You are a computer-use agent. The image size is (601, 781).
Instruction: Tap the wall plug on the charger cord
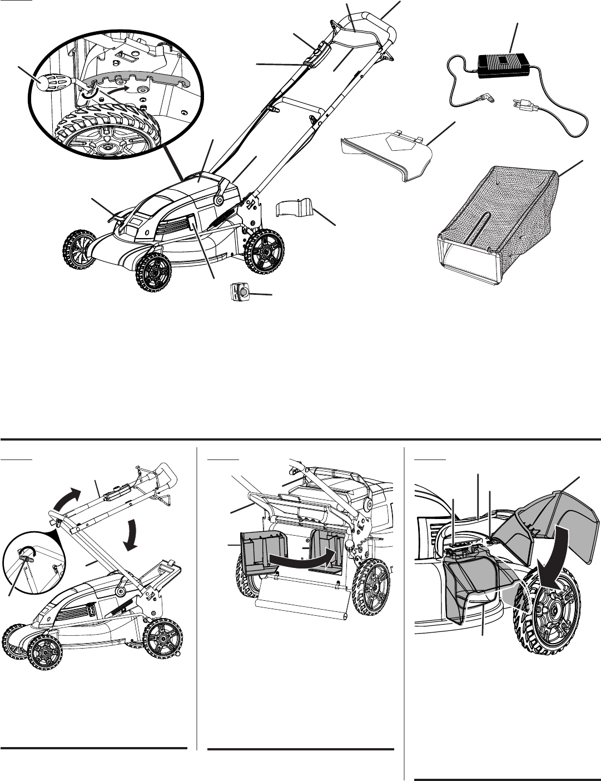[x=521, y=104]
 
